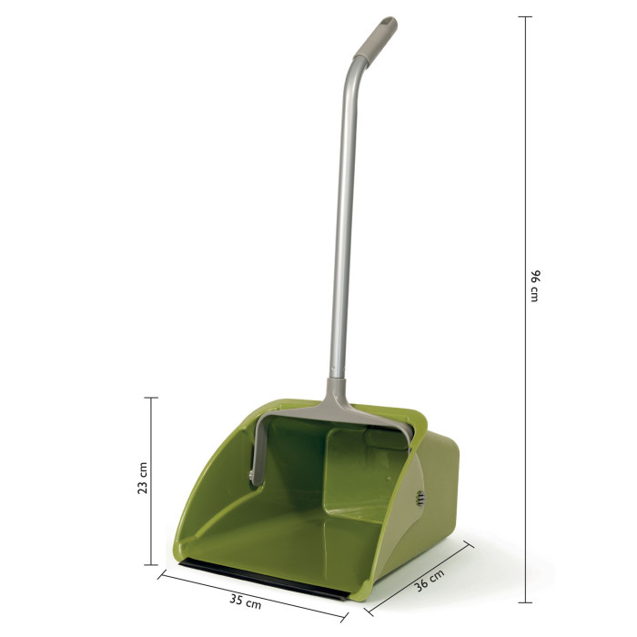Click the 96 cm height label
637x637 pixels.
[x=535, y=286]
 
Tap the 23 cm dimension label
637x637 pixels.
[x=143, y=478]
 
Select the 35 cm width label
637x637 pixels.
[x=246, y=602]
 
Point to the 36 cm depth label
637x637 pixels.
[x=429, y=580]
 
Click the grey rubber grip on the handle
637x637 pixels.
[x=376, y=38]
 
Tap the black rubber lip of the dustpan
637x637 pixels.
[x=263, y=578]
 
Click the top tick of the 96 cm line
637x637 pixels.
[x=525, y=16]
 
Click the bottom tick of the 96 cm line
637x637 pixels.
[x=525, y=602]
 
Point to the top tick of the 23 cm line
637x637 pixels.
[x=151, y=398]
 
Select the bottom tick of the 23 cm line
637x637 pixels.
[x=151, y=564]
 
